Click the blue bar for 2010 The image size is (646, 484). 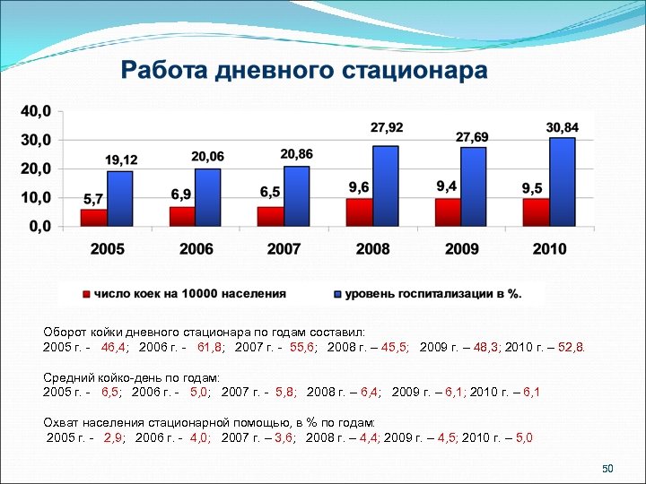(x=563, y=182)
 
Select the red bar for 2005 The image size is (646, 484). (x=93, y=217)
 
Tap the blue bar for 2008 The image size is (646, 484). (x=386, y=186)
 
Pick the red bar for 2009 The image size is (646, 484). (x=448, y=212)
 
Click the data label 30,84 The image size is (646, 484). (x=563, y=128)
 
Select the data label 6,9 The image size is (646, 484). (x=181, y=194)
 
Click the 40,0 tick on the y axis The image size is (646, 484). (x=36, y=112)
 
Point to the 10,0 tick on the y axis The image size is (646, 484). (x=36, y=197)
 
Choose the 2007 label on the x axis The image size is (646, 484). (x=284, y=249)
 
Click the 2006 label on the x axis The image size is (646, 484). (x=196, y=249)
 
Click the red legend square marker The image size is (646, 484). (x=87, y=293)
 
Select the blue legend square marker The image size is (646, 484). (x=338, y=293)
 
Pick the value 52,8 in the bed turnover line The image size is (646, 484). (x=572, y=346)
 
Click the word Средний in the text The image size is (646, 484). (x=67, y=379)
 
